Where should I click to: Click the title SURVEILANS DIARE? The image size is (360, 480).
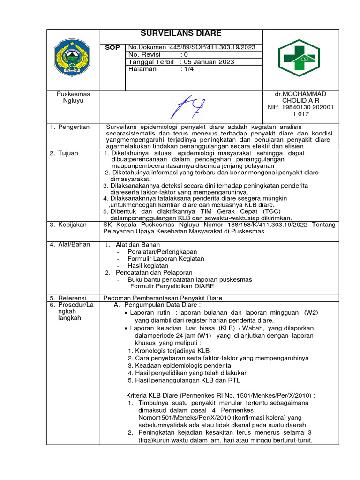[x=181, y=33]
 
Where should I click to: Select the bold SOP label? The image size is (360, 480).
[x=113, y=47]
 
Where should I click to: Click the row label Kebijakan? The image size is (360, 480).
[x=72, y=225]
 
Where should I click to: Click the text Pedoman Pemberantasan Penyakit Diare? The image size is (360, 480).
[x=163, y=298]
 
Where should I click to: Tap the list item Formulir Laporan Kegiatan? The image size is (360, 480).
[x=162, y=258]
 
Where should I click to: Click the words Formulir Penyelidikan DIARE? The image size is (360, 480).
[x=172, y=286]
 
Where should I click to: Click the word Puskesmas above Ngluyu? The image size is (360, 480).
[x=73, y=94]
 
